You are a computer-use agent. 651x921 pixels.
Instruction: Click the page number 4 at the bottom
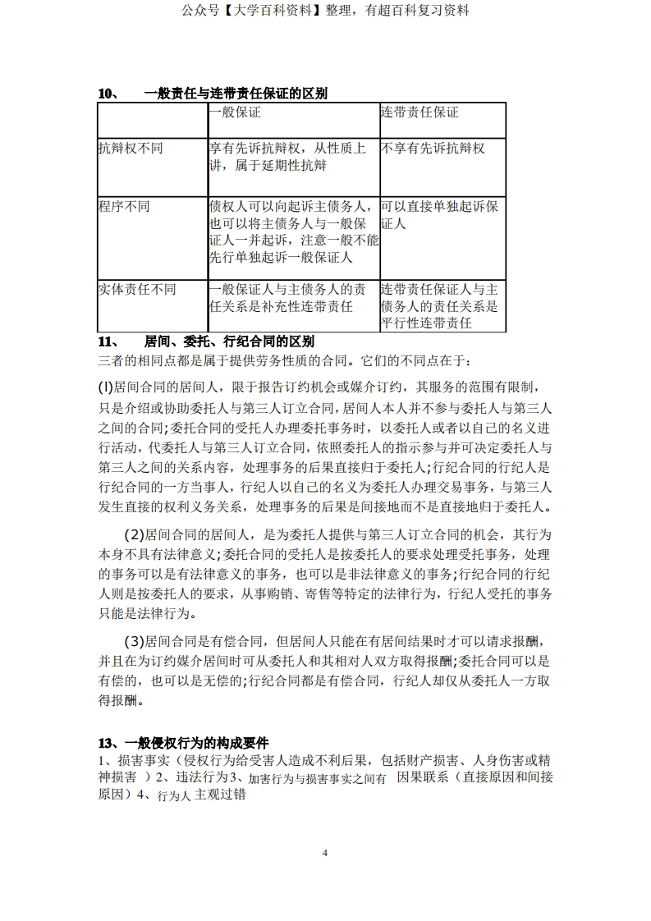point(325,853)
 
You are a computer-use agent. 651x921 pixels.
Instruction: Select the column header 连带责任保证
point(419,112)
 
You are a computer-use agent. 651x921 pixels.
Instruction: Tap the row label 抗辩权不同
point(131,149)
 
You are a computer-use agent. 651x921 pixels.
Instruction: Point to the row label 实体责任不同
point(137,290)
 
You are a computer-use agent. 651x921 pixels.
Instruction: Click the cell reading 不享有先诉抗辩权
point(433,149)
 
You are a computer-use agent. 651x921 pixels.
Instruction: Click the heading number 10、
point(109,94)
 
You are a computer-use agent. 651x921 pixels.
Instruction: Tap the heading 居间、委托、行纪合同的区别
point(229,341)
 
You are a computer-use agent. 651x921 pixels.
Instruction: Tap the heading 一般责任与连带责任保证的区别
point(235,94)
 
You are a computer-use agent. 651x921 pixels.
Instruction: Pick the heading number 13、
point(109,742)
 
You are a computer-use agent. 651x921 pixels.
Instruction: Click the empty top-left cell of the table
point(152,120)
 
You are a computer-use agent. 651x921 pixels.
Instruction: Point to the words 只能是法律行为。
point(151,613)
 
